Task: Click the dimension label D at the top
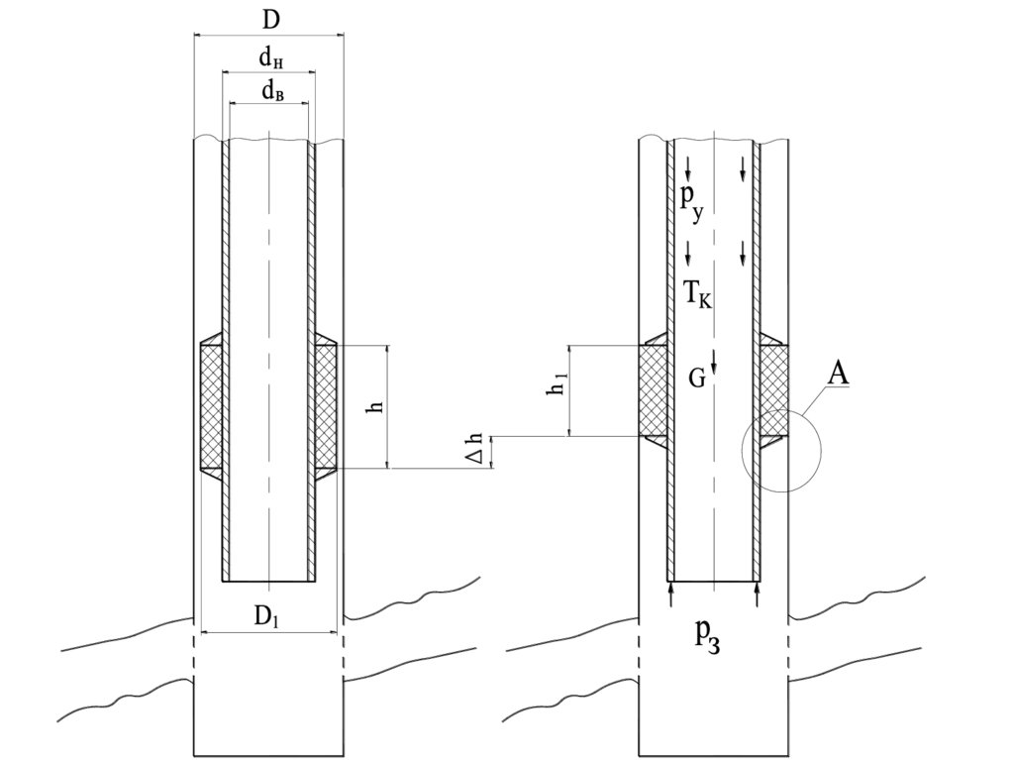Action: (x=271, y=20)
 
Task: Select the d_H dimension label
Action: (x=271, y=58)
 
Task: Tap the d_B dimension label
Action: (x=272, y=92)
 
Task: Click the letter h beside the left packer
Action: (x=376, y=406)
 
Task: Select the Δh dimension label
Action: (x=475, y=448)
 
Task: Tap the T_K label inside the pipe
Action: (x=697, y=295)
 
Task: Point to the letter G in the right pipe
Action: (x=696, y=379)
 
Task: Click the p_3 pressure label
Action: (x=707, y=637)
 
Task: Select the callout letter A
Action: (x=838, y=374)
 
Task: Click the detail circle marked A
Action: (x=781, y=451)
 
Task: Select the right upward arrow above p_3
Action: (x=758, y=594)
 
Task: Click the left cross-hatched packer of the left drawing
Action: (x=212, y=406)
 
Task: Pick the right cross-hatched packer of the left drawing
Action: (x=326, y=406)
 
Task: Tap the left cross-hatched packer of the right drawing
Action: (x=654, y=390)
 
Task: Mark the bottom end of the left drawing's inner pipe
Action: (x=269, y=581)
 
